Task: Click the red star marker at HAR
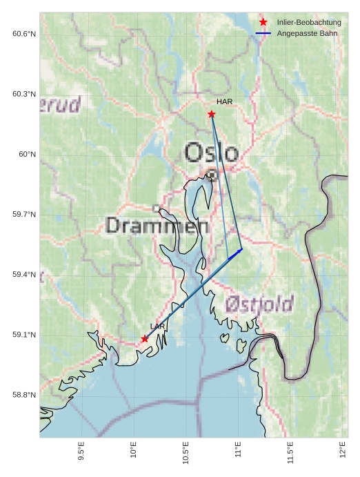pos(212,114)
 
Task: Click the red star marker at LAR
pos(145,338)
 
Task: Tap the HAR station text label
pos(224,102)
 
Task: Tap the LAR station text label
pos(157,327)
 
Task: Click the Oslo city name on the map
pos(212,153)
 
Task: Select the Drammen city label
pos(157,225)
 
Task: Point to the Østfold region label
pos(259,303)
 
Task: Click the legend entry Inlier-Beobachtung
pos(309,22)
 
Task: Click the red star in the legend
pos(263,22)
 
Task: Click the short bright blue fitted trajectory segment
pos(235,254)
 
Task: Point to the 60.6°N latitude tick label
pos(23,34)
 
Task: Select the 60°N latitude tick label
pos(27,154)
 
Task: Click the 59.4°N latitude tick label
pos(23,275)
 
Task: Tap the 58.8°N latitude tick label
pos(23,395)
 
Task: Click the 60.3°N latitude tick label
pos(23,94)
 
